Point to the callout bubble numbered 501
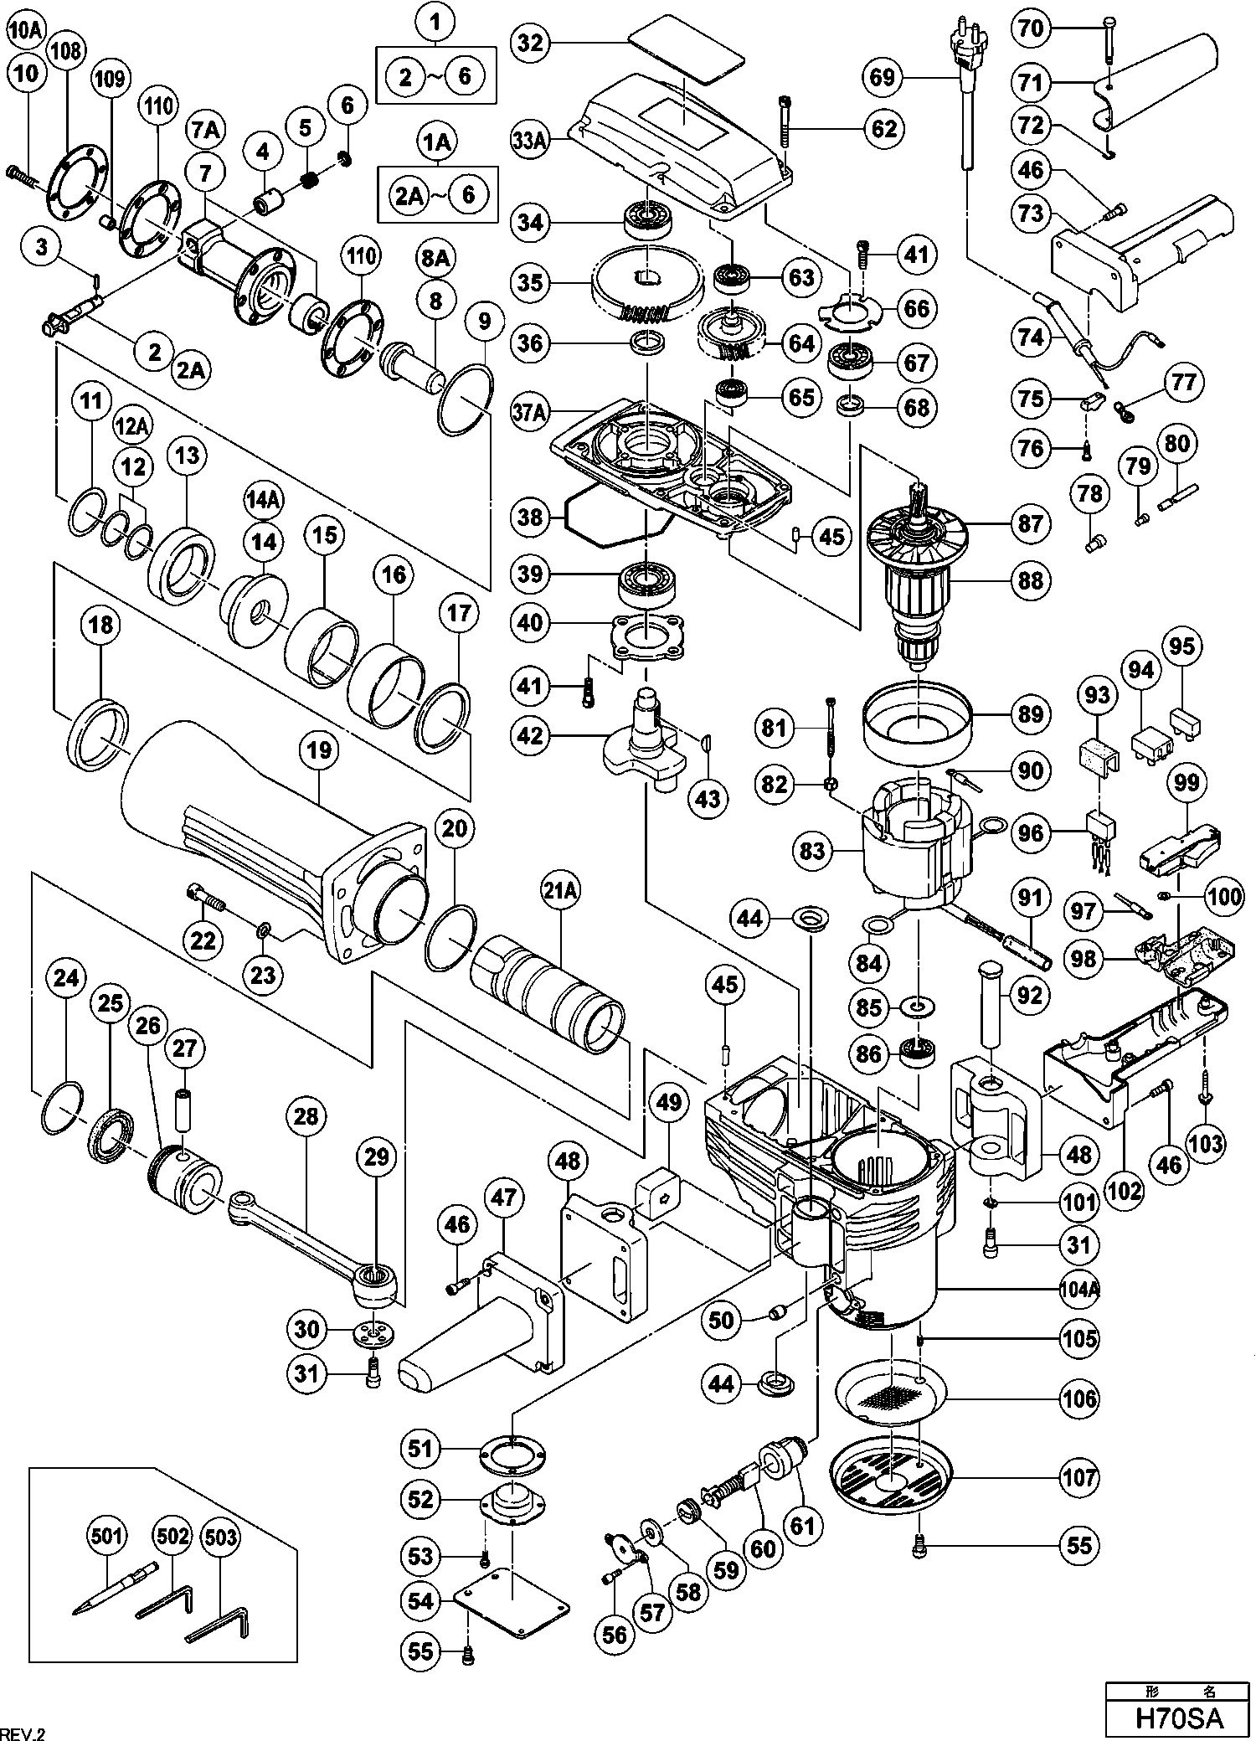pyautogui.click(x=106, y=1536)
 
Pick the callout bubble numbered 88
pyautogui.click(x=1030, y=579)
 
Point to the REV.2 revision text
pyautogui.click(x=23, y=1728)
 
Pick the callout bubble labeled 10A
pyautogui.click(x=25, y=32)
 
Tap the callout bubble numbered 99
pyautogui.click(x=1187, y=783)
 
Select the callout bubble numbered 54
pyautogui.click(x=421, y=1601)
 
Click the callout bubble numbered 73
pyautogui.click(x=1031, y=214)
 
